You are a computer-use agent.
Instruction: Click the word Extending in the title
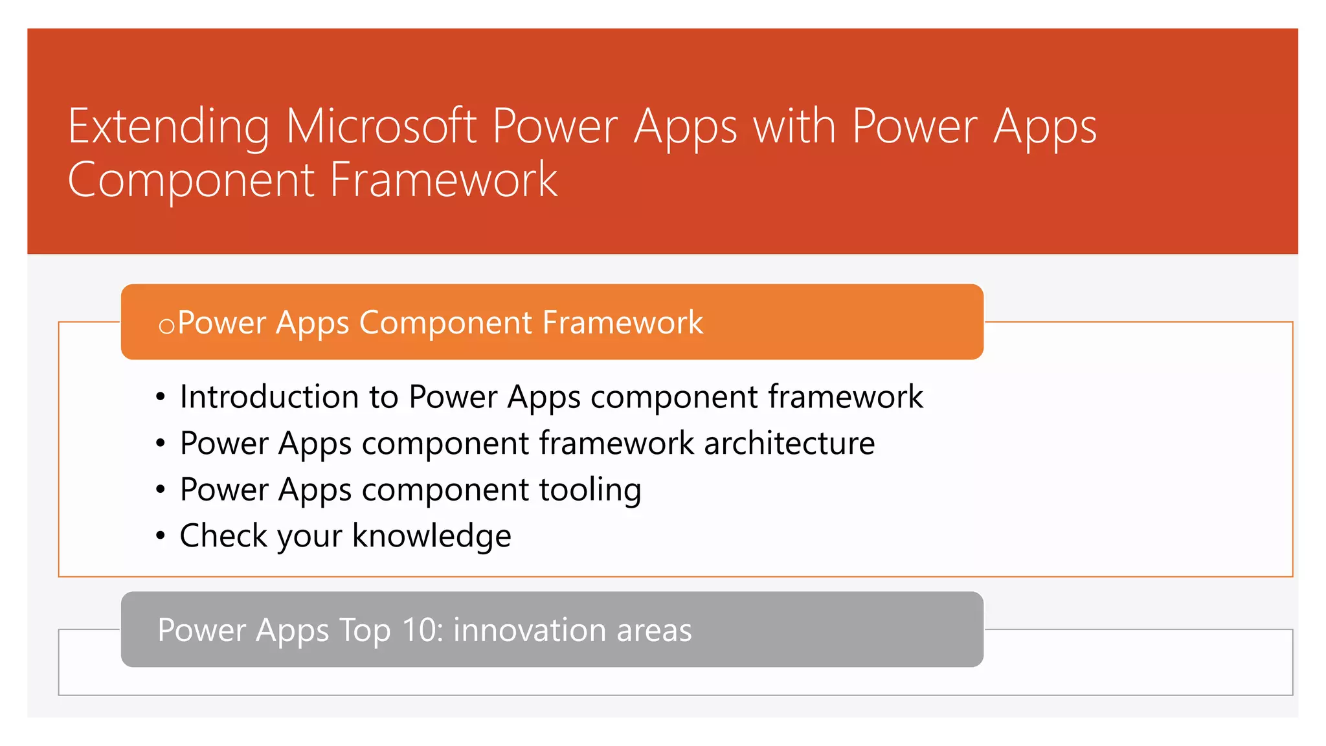tap(168, 128)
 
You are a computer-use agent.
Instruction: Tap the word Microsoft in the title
tap(381, 126)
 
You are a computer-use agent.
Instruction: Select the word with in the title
tap(794, 126)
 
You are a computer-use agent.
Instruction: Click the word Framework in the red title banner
tap(444, 180)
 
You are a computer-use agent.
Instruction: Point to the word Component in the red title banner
tap(190, 181)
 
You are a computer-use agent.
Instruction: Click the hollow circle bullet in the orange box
tap(166, 326)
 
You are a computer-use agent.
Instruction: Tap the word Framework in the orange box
tap(622, 322)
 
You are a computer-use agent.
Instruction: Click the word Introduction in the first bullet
tap(269, 396)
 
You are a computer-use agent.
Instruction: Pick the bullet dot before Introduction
tap(161, 397)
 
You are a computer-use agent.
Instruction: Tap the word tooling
tap(590, 490)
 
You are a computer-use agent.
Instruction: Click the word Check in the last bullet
tap(223, 536)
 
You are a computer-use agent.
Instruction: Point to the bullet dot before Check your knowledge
tap(161, 536)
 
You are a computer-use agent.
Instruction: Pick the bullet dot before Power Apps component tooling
tap(161, 490)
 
